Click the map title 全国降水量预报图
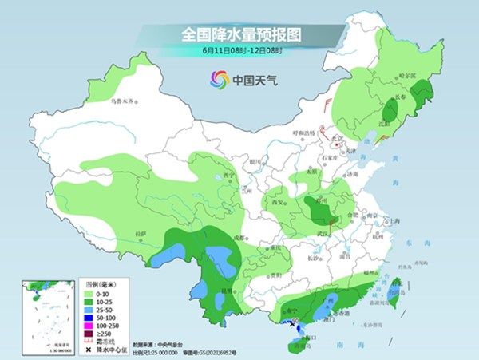239,34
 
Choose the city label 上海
393,221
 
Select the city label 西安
279,203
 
